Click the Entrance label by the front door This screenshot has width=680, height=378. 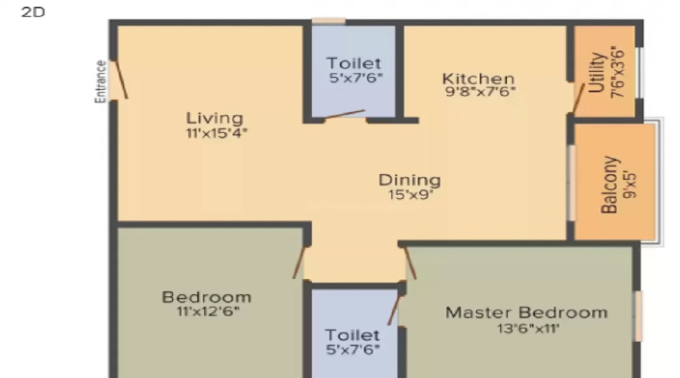pyautogui.click(x=100, y=82)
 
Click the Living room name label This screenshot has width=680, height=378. pyautogui.click(x=215, y=118)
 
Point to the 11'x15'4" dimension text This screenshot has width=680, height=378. pyautogui.click(x=216, y=133)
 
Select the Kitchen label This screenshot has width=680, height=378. pyautogui.click(x=478, y=79)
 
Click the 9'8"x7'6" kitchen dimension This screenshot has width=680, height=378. pyautogui.click(x=481, y=91)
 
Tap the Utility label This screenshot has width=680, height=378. pyautogui.click(x=597, y=73)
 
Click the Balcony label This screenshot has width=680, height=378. pyautogui.click(x=609, y=185)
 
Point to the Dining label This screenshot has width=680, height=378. pyautogui.click(x=410, y=180)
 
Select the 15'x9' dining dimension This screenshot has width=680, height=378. pyautogui.click(x=410, y=194)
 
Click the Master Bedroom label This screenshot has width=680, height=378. pyautogui.click(x=527, y=312)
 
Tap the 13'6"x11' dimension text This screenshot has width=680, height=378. pyautogui.click(x=528, y=328)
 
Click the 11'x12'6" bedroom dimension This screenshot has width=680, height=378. pyautogui.click(x=208, y=311)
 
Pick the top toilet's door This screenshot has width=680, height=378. pyautogui.click(x=345, y=114)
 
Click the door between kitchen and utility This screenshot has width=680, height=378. pyautogui.click(x=579, y=98)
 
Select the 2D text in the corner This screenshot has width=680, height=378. pyautogui.click(x=33, y=11)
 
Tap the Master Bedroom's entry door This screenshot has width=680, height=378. pyautogui.click(x=410, y=263)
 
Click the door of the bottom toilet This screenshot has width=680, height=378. pyautogui.click(x=394, y=310)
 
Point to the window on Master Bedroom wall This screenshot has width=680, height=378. pyautogui.click(x=638, y=316)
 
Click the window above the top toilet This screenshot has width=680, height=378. pyautogui.click(x=329, y=21)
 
